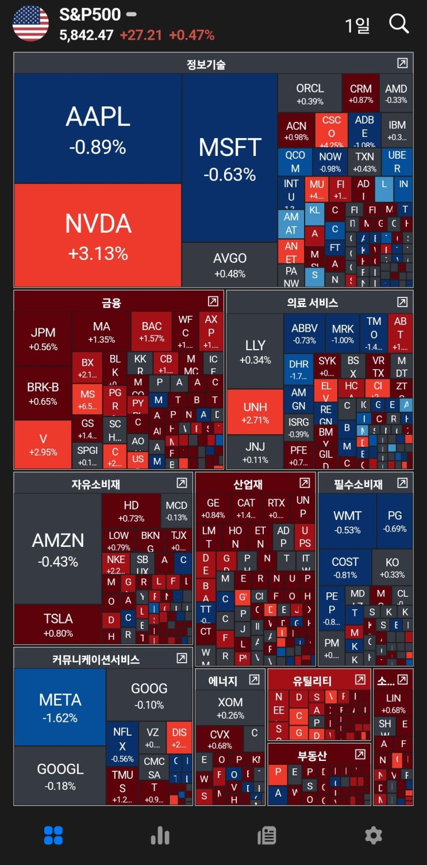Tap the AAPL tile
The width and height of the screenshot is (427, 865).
point(98,129)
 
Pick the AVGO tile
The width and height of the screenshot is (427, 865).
point(230,265)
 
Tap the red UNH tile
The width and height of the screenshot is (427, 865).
point(255,412)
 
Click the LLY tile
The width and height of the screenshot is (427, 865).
point(255,351)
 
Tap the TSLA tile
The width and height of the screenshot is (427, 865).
point(58,624)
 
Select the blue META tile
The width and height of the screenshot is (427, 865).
point(60,707)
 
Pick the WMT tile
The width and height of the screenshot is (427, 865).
point(347,521)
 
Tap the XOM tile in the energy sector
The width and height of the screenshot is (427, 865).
point(230,707)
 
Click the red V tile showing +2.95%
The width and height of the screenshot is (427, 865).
point(43,445)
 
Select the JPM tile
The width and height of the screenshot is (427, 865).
point(43,338)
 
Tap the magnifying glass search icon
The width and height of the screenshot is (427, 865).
point(399,24)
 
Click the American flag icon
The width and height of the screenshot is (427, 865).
point(31,24)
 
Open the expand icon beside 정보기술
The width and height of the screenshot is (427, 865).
point(402,63)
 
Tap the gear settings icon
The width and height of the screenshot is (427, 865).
point(374,835)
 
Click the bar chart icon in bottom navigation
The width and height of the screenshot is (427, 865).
point(160,836)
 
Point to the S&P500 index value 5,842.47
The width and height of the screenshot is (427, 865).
point(86,35)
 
